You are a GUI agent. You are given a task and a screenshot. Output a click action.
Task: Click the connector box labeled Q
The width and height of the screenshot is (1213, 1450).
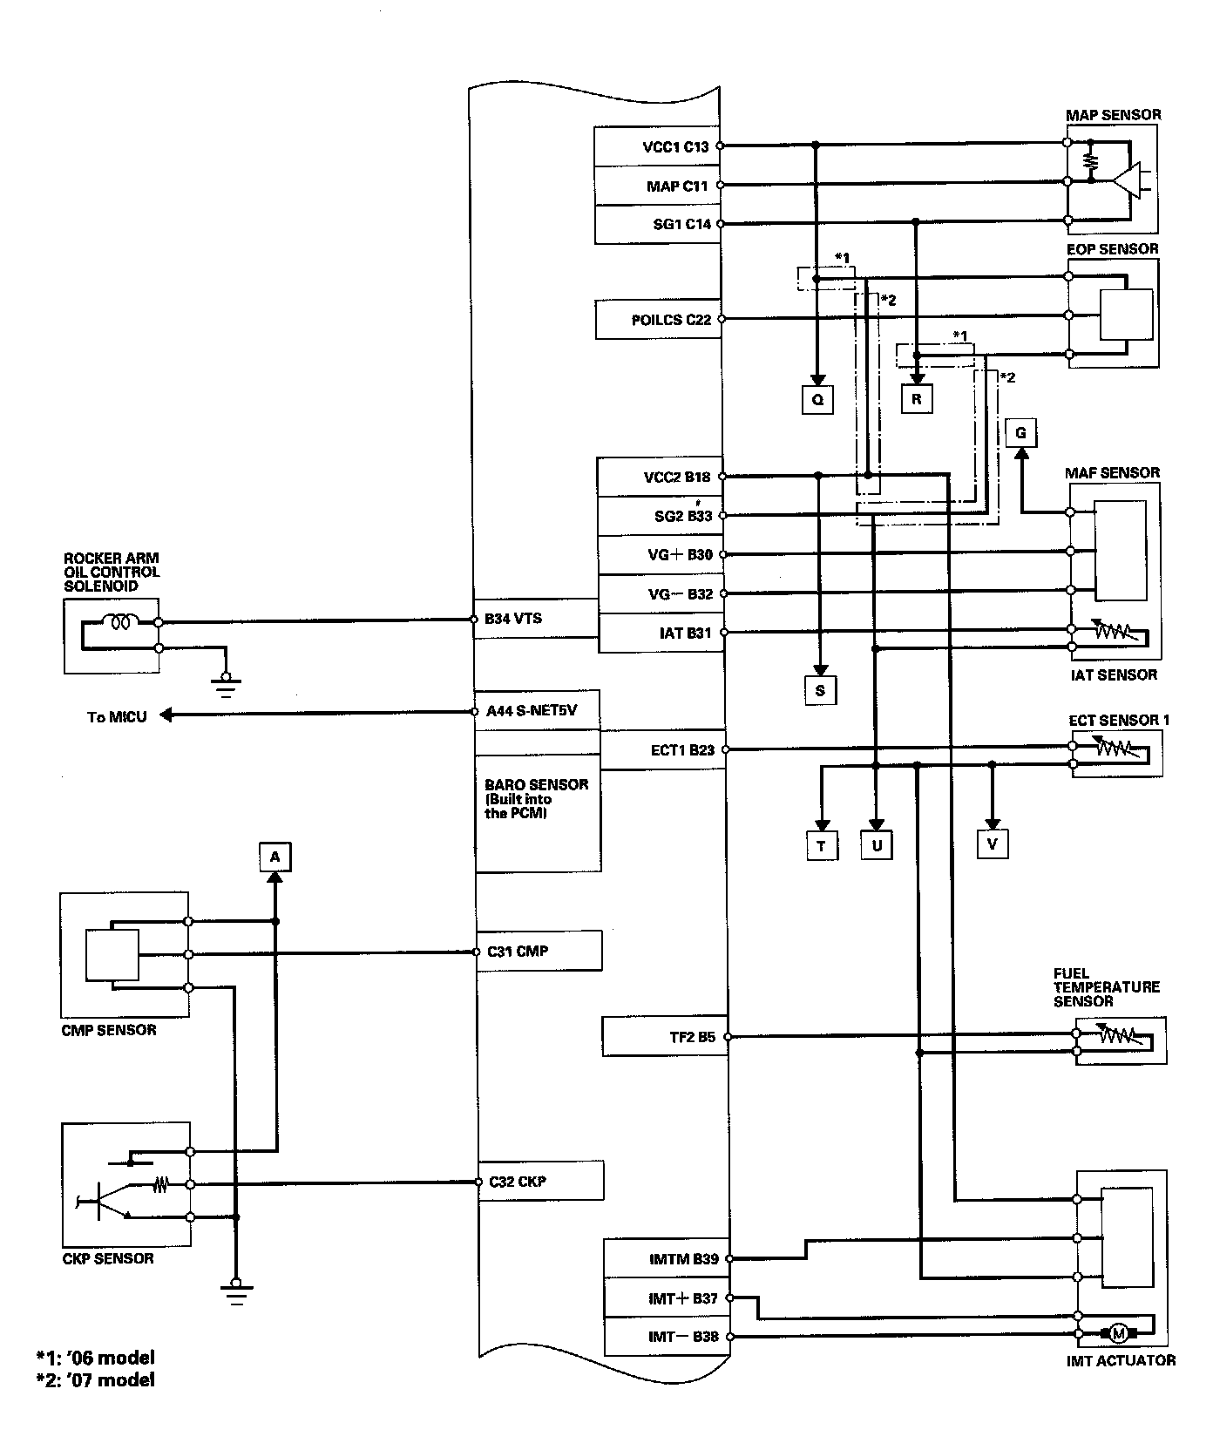[817, 399]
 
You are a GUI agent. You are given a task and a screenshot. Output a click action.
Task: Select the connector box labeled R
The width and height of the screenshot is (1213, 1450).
[916, 399]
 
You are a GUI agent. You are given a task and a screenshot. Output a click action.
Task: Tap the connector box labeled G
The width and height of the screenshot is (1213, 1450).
[1020, 433]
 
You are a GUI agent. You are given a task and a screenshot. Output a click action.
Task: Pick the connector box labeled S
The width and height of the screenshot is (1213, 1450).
[820, 691]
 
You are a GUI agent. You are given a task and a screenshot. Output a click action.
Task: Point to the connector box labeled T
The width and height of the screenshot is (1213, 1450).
[822, 846]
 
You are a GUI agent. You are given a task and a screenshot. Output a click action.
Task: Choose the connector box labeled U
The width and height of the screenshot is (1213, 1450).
[877, 846]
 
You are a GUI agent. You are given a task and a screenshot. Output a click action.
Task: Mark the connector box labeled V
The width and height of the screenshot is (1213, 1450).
[992, 844]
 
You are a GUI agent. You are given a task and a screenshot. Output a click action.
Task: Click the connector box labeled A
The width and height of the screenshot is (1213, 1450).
[274, 857]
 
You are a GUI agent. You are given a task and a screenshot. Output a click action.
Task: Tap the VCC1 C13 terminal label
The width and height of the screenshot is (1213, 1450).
[676, 147]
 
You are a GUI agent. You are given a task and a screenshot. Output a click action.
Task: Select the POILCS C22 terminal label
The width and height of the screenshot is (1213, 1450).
[671, 320]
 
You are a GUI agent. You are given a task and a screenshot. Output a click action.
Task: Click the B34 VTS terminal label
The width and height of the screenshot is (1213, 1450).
[513, 619]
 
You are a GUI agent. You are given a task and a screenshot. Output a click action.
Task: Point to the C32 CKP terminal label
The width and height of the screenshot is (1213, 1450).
[518, 1182]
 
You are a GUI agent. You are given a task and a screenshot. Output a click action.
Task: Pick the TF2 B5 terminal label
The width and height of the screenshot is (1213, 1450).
[693, 1037]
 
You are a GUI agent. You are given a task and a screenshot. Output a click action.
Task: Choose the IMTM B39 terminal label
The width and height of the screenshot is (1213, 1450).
[684, 1259]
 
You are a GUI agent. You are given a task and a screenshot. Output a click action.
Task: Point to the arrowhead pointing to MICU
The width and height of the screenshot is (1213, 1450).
[166, 715]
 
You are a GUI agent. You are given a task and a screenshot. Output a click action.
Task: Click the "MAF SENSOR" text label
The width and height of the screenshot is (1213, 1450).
[1112, 473]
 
